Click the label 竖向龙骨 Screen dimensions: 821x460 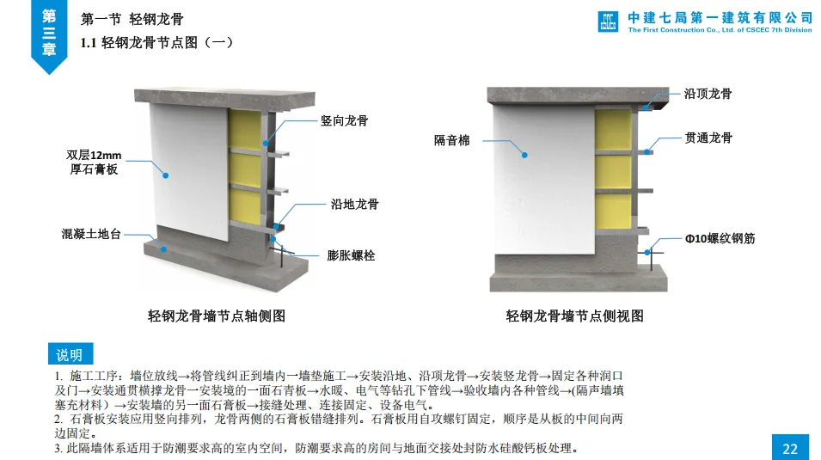tap(344, 121)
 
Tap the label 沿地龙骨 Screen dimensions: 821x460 tap(354, 205)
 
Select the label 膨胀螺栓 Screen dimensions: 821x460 tap(351, 255)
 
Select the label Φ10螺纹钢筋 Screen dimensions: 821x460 tap(719, 238)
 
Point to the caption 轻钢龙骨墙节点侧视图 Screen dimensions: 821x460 tap(574, 316)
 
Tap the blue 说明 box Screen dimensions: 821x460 tap(70, 354)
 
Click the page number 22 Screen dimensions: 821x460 tap(790, 448)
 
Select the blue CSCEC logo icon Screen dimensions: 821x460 tap(608, 21)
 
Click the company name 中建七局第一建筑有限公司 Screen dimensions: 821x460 tap(720, 16)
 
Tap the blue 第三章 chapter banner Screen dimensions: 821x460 tap(49, 33)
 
